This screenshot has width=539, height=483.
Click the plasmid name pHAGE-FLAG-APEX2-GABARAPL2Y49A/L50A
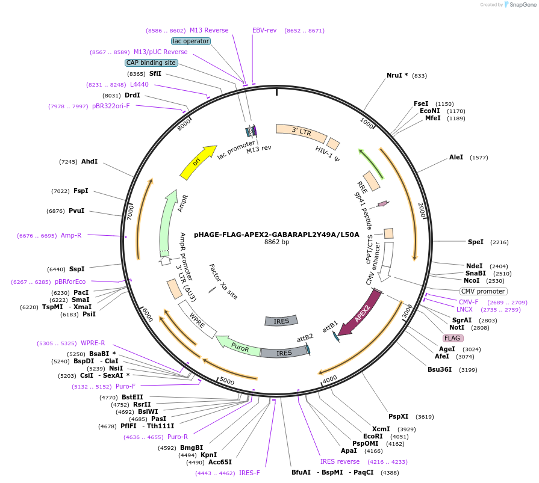pyautogui.click(x=276, y=235)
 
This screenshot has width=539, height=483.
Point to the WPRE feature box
pyautogui.click(x=198, y=319)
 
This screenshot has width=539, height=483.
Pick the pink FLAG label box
pyautogui.click(x=453, y=338)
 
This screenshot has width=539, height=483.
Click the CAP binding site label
pyautogui.click(x=151, y=63)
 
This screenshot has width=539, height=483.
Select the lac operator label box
pyautogui.click(x=191, y=41)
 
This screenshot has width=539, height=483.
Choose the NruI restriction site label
pyautogui.click(x=397, y=76)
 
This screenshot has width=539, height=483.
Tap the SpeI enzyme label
pyautogui.click(x=476, y=242)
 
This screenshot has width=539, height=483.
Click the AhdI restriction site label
pyautogui.click(x=89, y=161)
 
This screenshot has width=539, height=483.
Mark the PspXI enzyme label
pyautogui.click(x=398, y=416)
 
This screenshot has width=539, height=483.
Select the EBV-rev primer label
pyautogui.click(x=264, y=30)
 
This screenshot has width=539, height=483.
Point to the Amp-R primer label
pyautogui.click(x=71, y=235)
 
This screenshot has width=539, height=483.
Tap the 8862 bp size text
pyautogui.click(x=276, y=242)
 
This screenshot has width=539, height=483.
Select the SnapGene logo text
pyautogui.click(x=522, y=5)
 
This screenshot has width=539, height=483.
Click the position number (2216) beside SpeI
pyautogui.click(x=499, y=242)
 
